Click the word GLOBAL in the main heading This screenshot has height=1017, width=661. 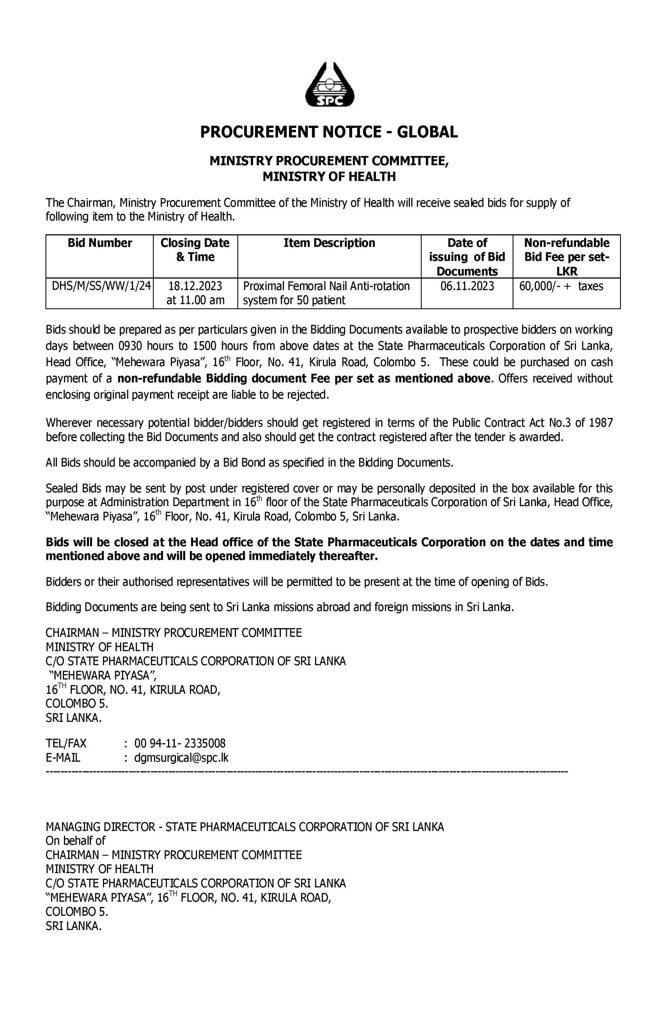tap(427, 132)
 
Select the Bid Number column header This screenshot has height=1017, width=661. tap(100, 243)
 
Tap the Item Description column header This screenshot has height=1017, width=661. tap(329, 243)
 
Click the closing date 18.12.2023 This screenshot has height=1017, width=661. tap(195, 286)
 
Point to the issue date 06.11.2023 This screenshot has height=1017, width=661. tap(467, 286)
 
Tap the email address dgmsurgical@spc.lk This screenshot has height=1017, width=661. tap(181, 758)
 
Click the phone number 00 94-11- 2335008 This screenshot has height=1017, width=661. tap(180, 743)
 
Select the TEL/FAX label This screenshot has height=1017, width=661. tap(66, 743)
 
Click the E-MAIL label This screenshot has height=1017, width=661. tap(63, 758)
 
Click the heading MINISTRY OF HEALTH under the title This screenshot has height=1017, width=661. tap(329, 176)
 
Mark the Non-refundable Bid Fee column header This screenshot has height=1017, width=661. tap(566, 257)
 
